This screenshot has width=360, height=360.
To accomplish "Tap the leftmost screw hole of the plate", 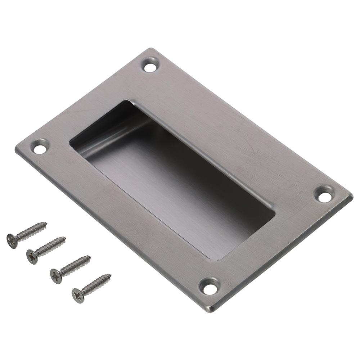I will click(x=40, y=148).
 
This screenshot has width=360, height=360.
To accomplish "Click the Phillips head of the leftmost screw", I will click(x=12, y=241).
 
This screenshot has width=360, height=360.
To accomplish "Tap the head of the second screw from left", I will click(x=32, y=256).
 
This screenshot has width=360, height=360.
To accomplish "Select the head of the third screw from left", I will click(x=56, y=276).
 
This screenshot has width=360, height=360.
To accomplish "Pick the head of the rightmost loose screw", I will click(x=78, y=295).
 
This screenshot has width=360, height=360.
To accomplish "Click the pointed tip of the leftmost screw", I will click(x=46, y=223).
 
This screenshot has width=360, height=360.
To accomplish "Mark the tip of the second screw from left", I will click(x=65, y=238).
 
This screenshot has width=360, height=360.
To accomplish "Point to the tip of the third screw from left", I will click(x=90, y=257).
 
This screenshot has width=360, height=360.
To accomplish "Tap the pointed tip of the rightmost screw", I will click(x=111, y=275).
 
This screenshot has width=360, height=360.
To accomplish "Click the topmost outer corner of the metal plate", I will click(x=151, y=49).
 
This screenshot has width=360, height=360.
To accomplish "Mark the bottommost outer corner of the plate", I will click(x=212, y=310).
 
